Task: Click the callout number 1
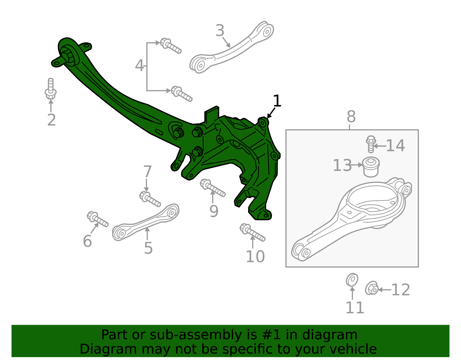pyautogui.click(x=277, y=101)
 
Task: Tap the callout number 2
pyautogui.click(x=51, y=120)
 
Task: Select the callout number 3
pyautogui.click(x=220, y=31)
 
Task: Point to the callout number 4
pyautogui.click(x=139, y=66)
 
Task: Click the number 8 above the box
pyautogui.click(x=351, y=117)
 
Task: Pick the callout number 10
pyautogui.click(x=255, y=257)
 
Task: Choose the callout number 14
pyautogui.click(x=395, y=146)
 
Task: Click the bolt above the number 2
pyautogui.click(x=51, y=89)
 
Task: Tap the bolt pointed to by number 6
pyautogui.click(x=97, y=219)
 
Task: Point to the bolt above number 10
pyautogui.click(x=252, y=232)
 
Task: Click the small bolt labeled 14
pyautogui.click(x=371, y=144)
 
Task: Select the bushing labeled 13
pyautogui.click(x=371, y=167)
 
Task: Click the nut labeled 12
pyautogui.click(x=372, y=288)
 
